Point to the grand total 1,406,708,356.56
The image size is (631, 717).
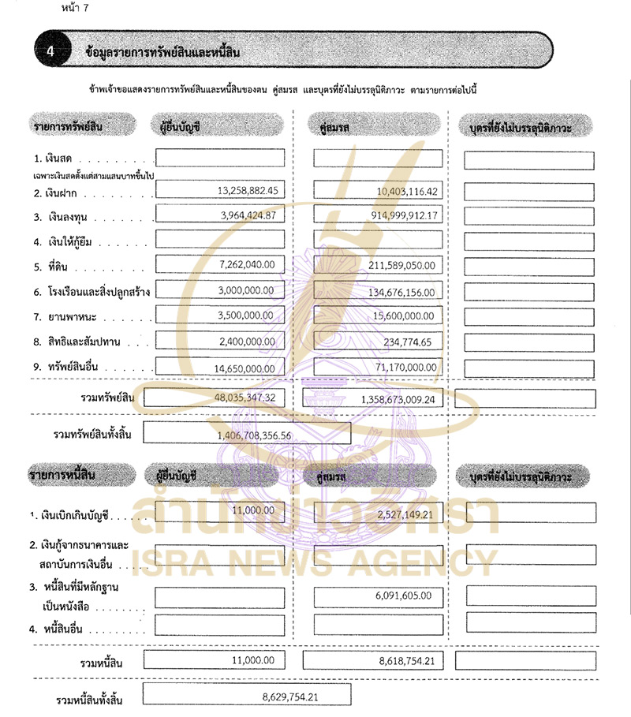coord(254,435)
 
